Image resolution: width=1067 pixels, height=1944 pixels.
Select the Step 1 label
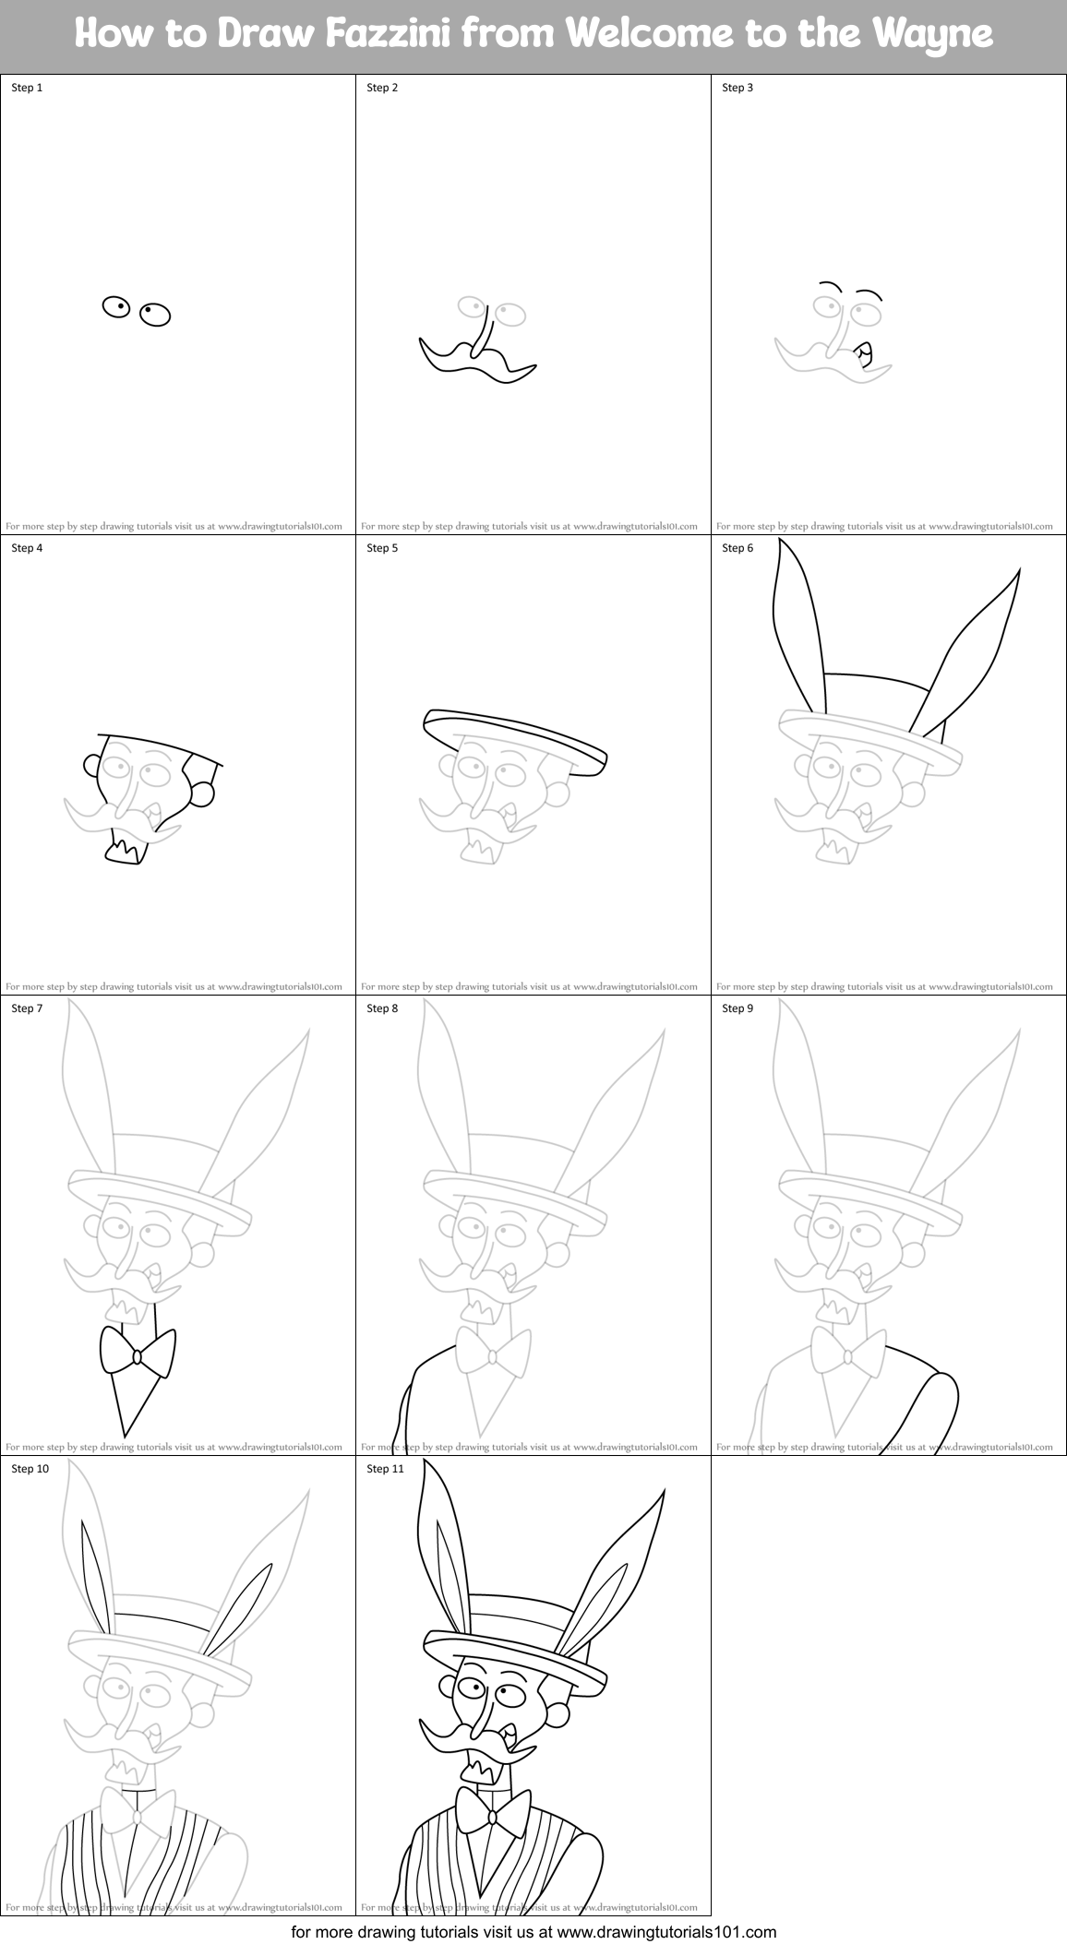(x=27, y=88)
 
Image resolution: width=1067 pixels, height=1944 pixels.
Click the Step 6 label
(x=737, y=548)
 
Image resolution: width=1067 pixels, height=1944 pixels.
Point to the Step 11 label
(x=385, y=1469)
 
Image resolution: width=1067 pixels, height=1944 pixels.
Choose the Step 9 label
(x=737, y=1008)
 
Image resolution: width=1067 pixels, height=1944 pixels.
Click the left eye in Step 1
(x=116, y=307)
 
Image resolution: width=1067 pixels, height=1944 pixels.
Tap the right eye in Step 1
(x=155, y=315)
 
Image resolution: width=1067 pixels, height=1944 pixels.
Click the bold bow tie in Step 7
(x=137, y=1355)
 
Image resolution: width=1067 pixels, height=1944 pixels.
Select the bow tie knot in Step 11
(x=492, y=1817)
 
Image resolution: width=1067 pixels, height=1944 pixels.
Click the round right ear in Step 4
(x=203, y=792)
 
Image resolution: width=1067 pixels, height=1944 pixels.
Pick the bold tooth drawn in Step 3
(x=864, y=352)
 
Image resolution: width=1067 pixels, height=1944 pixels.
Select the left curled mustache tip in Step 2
(x=426, y=343)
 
